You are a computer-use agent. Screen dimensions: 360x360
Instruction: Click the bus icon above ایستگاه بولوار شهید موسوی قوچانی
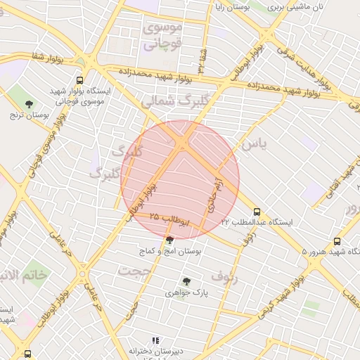[x=80, y=80]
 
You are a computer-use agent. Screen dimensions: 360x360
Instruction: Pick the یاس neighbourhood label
[x=254, y=145]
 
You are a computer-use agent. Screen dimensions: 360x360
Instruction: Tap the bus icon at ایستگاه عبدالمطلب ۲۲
[x=256, y=211]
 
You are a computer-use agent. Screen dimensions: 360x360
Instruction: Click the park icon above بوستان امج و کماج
[x=169, y=239]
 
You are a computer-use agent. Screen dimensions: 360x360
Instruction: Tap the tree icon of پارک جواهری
[x=186, y=281]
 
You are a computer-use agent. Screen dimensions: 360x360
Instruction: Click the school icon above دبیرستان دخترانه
[x=156, y=340]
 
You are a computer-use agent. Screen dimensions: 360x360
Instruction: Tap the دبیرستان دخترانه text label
[x=157, y=350]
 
